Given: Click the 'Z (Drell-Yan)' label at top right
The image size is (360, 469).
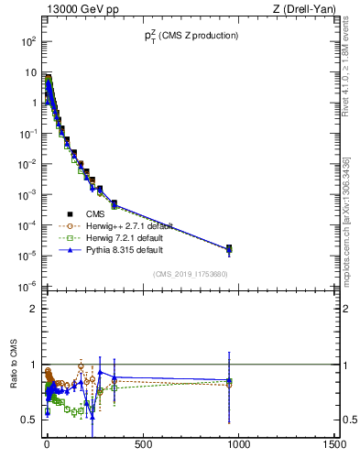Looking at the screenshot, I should (x=308, y=9).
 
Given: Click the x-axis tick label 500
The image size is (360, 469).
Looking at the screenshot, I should (x=143, y=444).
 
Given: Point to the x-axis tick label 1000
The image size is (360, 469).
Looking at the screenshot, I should (x=239, y=444).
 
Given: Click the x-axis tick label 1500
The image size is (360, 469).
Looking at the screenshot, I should (x=335, y=444).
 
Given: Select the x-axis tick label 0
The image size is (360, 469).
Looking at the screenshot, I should (x=47, y=444).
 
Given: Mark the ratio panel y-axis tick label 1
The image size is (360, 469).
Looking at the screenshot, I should (x=33, y=365).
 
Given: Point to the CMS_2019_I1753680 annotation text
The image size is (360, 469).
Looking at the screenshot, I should (x=189, y=273).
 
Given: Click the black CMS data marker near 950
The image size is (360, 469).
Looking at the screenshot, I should (x=229, y=248).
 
